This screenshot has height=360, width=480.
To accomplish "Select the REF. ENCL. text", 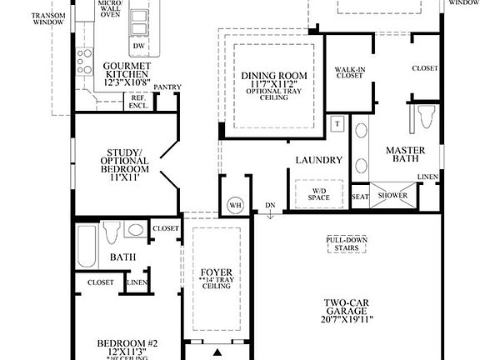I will (x=137, y=102).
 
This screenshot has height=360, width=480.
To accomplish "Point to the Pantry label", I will (x=168, y=86).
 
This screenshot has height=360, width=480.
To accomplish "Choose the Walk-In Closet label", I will (x=349, y=71).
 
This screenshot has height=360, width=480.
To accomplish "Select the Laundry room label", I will (x=319, y=160).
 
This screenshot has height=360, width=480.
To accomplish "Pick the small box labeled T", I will (x=337, y=123).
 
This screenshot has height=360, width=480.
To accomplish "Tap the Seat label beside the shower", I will (x=360, y=197).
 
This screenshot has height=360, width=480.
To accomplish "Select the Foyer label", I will (x=216, y=272).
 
